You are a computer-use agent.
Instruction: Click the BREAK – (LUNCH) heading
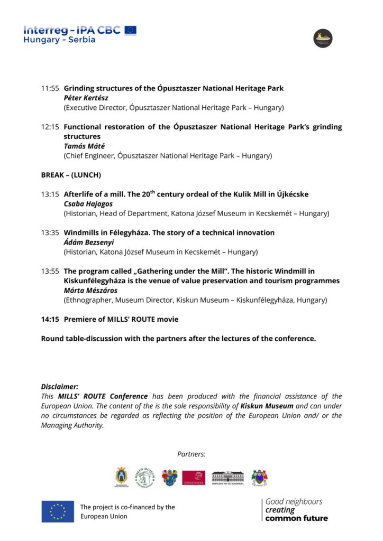pos(71,175)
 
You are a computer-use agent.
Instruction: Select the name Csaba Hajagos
pos(88,204)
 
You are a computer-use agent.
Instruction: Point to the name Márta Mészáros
pos(92,291)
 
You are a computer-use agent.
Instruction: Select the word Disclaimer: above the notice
pos(60,387)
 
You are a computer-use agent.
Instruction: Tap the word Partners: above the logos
pos(191,454)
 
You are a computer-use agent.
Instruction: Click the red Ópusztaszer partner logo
pos(194,478)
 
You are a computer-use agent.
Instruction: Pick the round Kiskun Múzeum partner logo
pos(144,478)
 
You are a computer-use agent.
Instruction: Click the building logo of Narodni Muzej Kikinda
pos(228,478)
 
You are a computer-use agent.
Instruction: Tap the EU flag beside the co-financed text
pos(58,511)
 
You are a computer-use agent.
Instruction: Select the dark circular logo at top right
pos(323,38)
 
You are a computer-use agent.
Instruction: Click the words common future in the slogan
pos(296,518)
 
